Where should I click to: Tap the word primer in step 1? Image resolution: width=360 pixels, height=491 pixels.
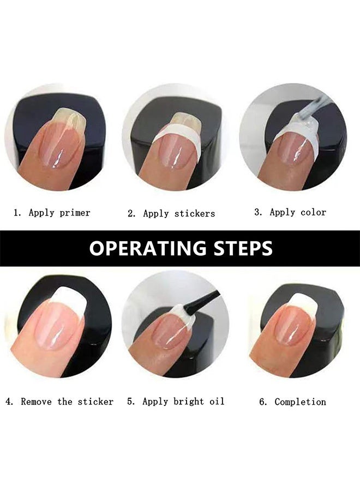click(75, 213)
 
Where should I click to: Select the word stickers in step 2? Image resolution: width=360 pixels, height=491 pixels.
click(195, 213)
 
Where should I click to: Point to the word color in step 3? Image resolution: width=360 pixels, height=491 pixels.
click(313, 212)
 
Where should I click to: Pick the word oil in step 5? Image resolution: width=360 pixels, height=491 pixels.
click(217, 402)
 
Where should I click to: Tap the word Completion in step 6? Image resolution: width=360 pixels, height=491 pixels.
click(300, 402)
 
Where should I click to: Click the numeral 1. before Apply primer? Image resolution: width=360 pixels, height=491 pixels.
click(17, 213)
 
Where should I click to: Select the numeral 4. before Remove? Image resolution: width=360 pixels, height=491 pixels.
click(9, 402)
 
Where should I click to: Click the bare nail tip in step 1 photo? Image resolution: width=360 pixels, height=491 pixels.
click(69, 117)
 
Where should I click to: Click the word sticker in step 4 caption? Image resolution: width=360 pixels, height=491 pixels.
click(95, 402)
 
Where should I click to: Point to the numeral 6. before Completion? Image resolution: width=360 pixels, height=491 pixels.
click(263, 402)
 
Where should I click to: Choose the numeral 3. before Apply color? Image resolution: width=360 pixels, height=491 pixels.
click(258, 212)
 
